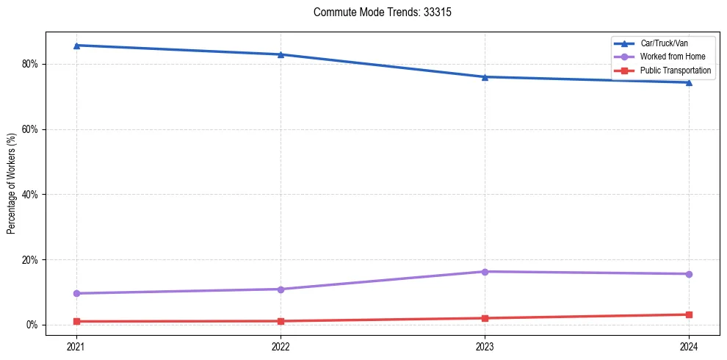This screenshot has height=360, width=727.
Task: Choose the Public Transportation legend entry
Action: (676, 71)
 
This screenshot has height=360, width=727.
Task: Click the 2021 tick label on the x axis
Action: (76, 345)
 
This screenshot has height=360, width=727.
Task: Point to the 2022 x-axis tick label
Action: (281, 345)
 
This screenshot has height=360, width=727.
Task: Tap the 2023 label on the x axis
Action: (485, 345)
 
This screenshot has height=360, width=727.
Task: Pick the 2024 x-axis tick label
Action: (689, 345)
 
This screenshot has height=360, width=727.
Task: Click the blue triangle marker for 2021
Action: (76, 46)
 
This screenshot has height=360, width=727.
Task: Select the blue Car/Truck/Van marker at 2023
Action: (485, 76)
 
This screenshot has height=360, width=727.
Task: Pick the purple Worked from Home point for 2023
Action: (485, 272)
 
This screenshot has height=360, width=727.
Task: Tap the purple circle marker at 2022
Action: (281, 289)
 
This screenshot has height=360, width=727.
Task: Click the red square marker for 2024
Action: (689, 314)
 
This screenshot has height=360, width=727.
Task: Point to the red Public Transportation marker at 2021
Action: (76, 321)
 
